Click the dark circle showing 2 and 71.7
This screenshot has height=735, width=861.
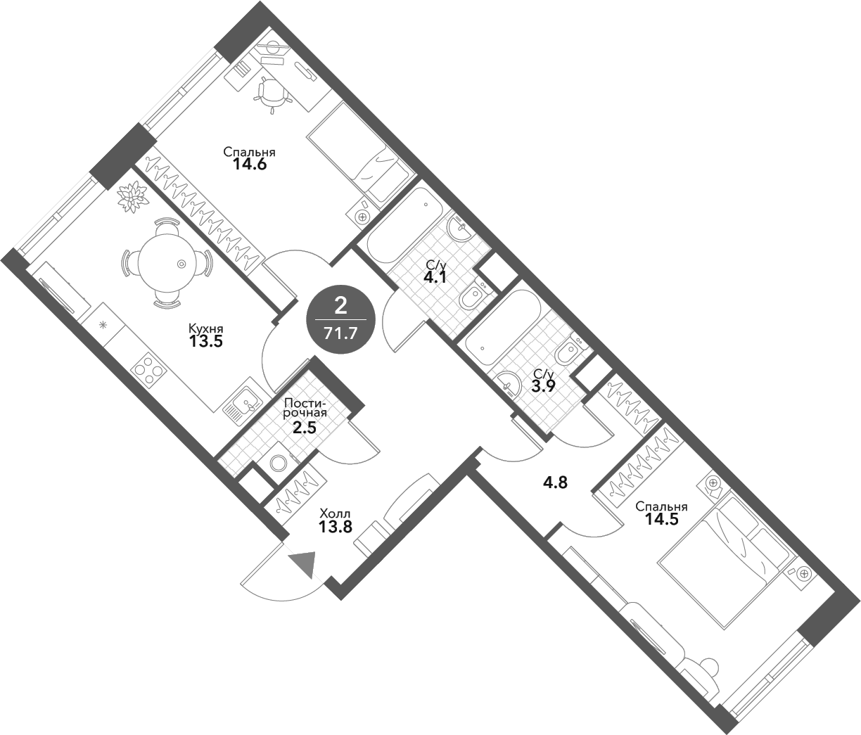point(342,319)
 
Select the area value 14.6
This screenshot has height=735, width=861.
point(249,165)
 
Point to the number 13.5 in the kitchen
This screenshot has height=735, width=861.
point(205,343)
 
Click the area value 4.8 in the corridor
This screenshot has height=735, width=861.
point(555,483)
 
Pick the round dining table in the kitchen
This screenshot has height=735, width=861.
point(166,264)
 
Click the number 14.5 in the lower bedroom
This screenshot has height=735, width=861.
point(661,520)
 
